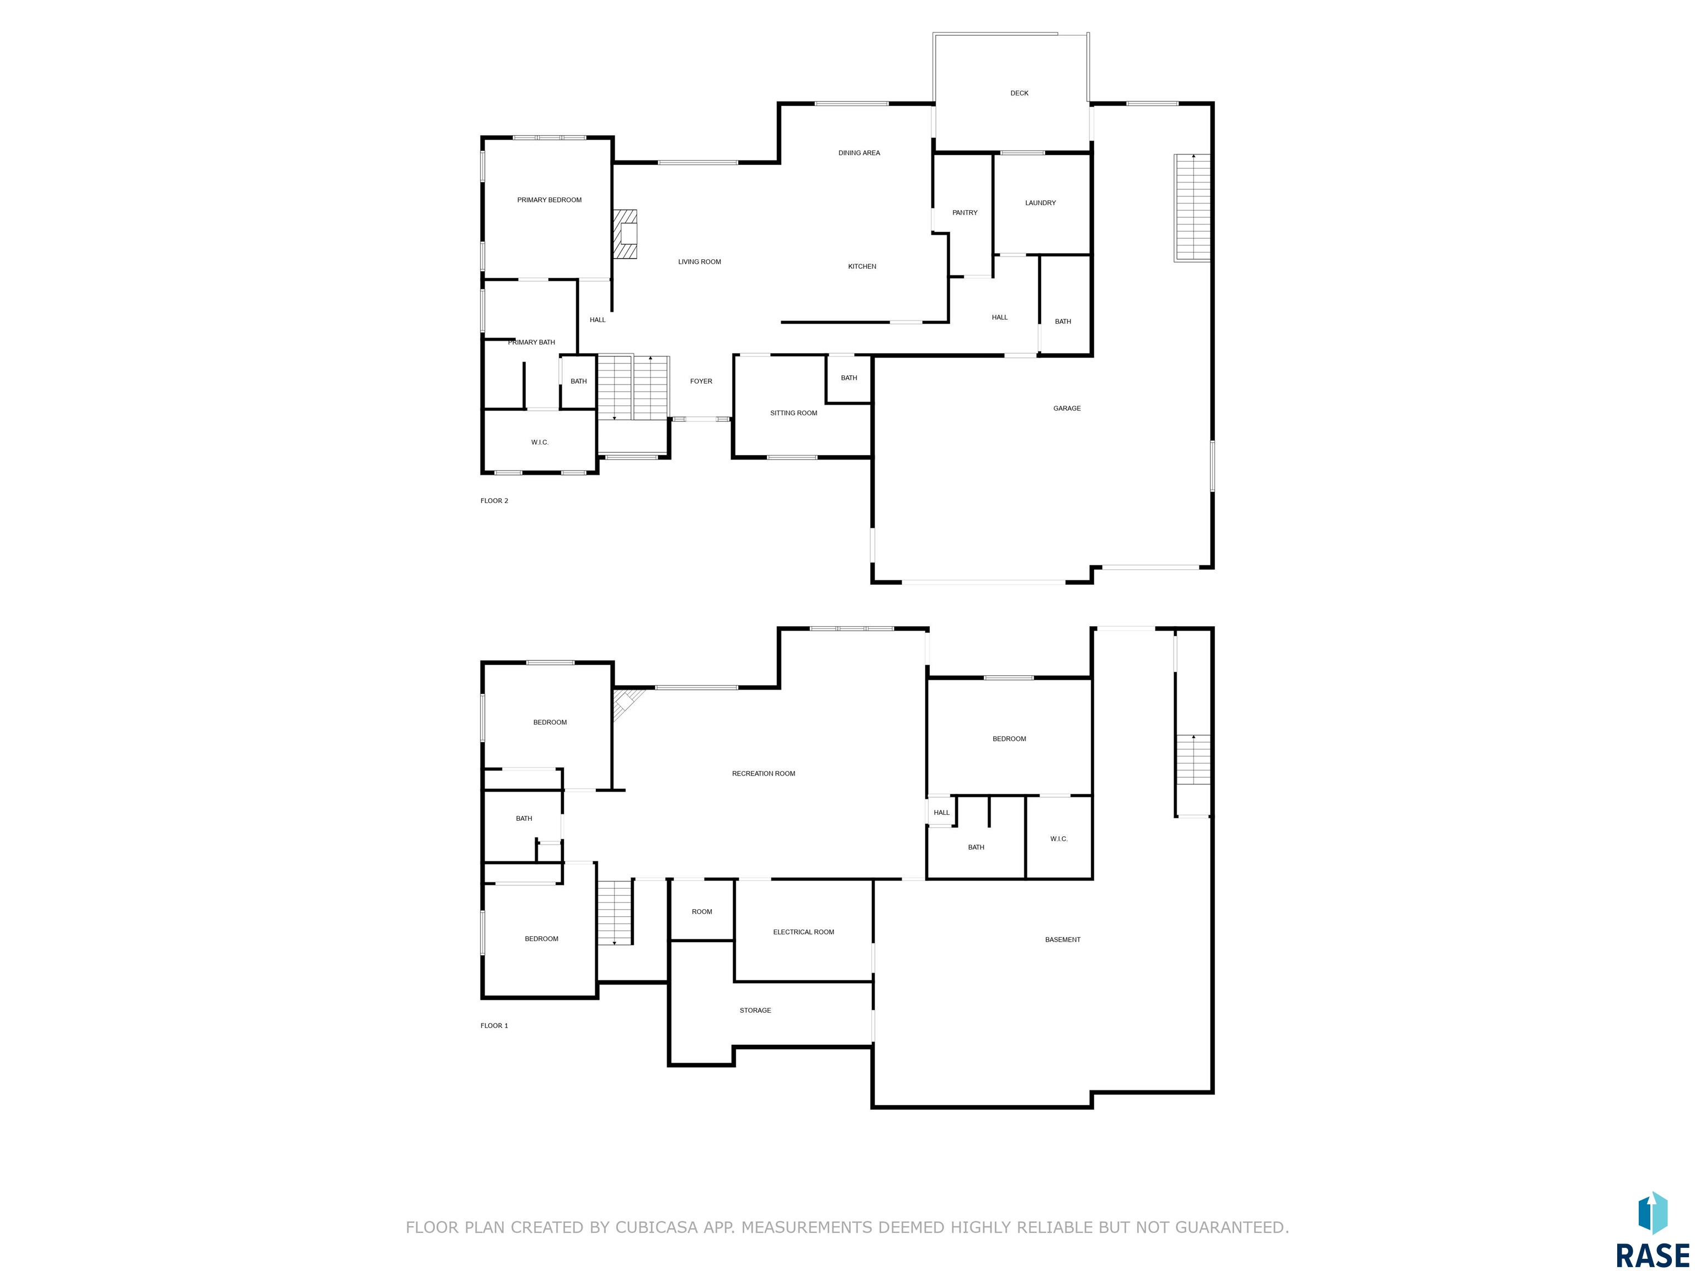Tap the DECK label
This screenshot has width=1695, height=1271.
(x=1019, y=93)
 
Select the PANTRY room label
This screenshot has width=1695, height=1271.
(x=964, y=213)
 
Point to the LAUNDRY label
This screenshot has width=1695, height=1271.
(x=1040, y=203)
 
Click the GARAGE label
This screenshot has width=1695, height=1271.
(x=1067, y=408)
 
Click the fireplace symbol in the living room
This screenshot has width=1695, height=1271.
(x=625, y=234)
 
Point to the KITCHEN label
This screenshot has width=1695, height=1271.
(x=862, y=266)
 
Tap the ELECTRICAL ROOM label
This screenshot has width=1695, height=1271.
(x=803, y=932)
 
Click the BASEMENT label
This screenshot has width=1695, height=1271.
(x=1063, y=940)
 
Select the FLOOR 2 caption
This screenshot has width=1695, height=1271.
(x=494, y=501)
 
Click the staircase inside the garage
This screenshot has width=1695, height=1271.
(x=1192, y=207)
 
